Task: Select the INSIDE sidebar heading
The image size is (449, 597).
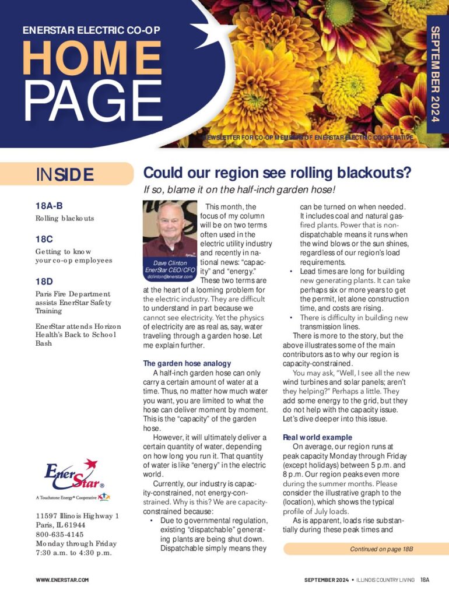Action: pos(64,174)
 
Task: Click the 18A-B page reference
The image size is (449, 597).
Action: pos(49,205)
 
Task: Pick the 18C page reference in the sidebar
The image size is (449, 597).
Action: pos(44,238)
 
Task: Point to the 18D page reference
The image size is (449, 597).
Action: pos(44,282)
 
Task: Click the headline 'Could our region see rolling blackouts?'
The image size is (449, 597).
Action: pos(278,173)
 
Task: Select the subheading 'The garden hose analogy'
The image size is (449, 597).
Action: pos(187,363)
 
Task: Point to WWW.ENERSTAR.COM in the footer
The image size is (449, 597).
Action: pos(62,580)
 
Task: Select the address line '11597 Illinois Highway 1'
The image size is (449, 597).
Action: pos(77,516)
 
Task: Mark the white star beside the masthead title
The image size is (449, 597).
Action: pos(207,29)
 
